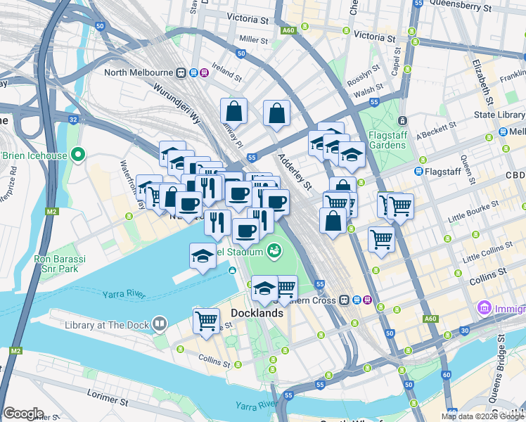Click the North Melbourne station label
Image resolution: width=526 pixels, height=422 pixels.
139,72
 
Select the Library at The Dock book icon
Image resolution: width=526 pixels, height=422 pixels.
160,324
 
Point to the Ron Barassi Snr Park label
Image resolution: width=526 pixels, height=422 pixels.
60,263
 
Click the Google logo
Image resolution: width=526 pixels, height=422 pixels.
23,413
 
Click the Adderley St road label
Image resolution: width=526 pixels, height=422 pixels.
294,172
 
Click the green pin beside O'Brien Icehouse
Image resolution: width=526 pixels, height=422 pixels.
78,154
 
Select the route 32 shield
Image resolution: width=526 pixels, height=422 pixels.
73,120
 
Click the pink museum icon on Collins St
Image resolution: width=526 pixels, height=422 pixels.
483,307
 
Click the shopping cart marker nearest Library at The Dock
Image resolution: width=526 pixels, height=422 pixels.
206,321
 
